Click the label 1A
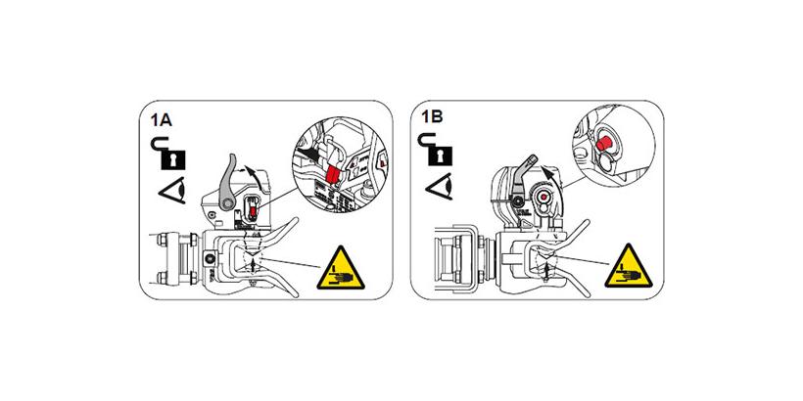161,122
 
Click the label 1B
431,116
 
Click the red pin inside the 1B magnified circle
605,144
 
